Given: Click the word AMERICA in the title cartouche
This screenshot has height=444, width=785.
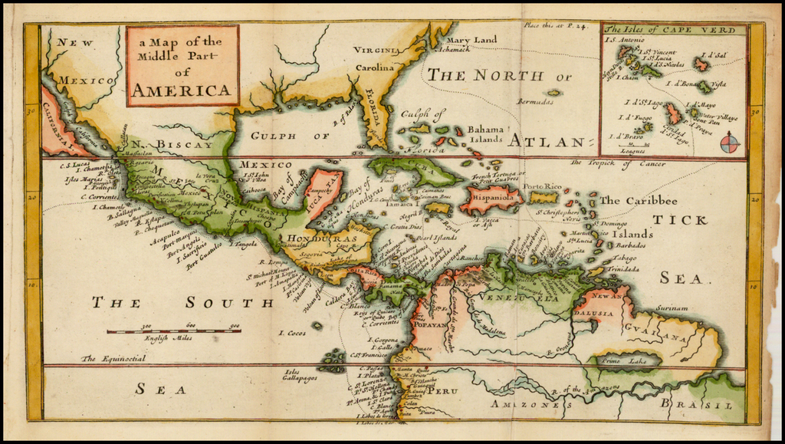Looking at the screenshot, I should click(182, 90).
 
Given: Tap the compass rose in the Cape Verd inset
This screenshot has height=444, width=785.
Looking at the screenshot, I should click(731, 142).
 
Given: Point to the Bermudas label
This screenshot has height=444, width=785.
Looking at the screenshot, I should click(535, 100).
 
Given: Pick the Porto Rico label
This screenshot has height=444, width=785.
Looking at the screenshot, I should click(543, 186).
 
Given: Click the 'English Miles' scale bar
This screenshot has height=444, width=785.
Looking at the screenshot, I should click(172, 331).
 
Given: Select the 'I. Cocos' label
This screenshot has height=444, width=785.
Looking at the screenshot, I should click(292, 333).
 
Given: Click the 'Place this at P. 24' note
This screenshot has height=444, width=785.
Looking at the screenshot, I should click(555, 26).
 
